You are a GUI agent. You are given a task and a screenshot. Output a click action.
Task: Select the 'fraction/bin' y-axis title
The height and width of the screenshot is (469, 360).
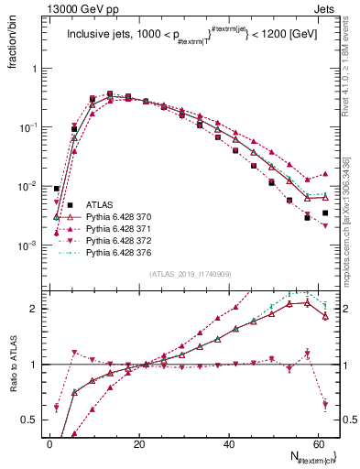click(17, 44)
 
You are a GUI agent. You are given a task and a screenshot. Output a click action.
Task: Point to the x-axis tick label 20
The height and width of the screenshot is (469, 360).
click(139, 442)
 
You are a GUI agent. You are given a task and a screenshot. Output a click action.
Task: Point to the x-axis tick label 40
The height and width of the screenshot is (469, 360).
click(229, 442)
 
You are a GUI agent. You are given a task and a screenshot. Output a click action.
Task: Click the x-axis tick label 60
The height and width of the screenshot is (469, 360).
click(318, 442)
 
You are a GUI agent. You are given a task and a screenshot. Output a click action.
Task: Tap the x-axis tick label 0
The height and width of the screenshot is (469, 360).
click(50, 442)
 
